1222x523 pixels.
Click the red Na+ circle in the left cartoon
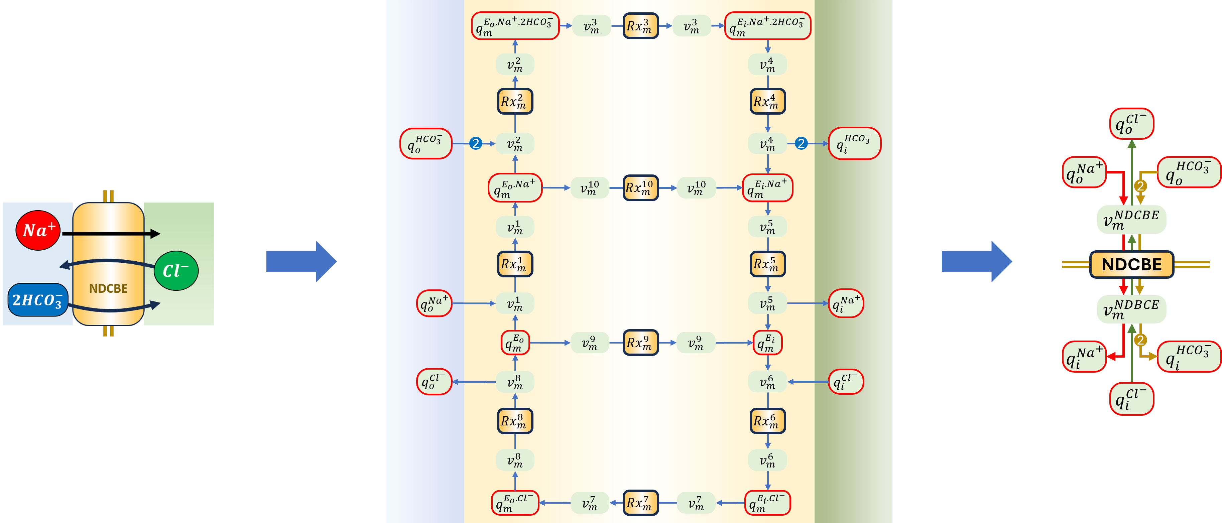pos(38,231)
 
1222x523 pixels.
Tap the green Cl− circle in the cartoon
pos(176,271)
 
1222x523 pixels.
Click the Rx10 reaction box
pos(640,188)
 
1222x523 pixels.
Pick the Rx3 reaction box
pos(640,26)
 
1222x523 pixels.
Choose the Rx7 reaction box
pos(640,502)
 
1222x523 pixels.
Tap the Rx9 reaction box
pos(640,342)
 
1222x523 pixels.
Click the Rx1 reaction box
pos(515,264)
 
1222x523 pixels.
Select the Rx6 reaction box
pos(767,421)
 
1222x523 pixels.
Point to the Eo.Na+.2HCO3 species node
pos(515,26)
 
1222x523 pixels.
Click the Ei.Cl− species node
pos(767,503)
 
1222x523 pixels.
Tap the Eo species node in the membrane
pos(515,342)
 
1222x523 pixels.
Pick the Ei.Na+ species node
pos(767,188)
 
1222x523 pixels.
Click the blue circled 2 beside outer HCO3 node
pos(475,143)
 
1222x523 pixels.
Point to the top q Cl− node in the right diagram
pos(1131,124)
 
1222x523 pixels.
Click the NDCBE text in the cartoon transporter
pos(108,288)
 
